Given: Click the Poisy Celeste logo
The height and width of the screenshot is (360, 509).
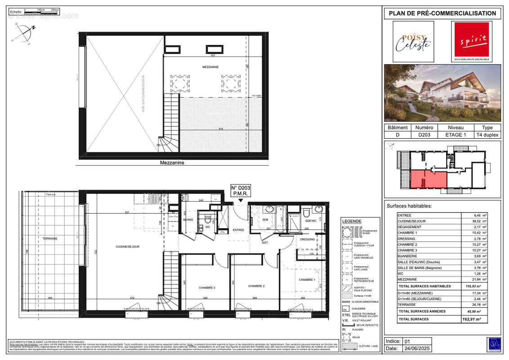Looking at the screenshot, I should pos(413,42).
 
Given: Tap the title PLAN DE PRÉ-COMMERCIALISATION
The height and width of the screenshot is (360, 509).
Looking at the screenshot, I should pos(442,13).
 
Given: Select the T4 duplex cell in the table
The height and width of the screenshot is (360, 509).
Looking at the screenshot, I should pos(487,135).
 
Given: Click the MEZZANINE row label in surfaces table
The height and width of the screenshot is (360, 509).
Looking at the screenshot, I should pos(407,279).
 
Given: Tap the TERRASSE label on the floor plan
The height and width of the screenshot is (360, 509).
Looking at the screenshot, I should pos(50,238).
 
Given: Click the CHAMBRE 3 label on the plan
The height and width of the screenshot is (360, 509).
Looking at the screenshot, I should pos(208,288).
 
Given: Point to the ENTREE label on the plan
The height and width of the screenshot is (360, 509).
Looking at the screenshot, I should pos(238,230).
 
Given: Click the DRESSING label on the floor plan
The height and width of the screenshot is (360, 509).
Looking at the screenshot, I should pos(308,239).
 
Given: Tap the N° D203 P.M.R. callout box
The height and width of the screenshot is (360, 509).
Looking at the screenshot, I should pos(240,190).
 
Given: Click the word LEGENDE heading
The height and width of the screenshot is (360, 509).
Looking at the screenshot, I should pos(352,221).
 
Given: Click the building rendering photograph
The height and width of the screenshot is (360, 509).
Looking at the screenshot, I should pos(442,93).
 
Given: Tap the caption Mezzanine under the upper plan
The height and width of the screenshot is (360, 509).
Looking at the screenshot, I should pos(173,163).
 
